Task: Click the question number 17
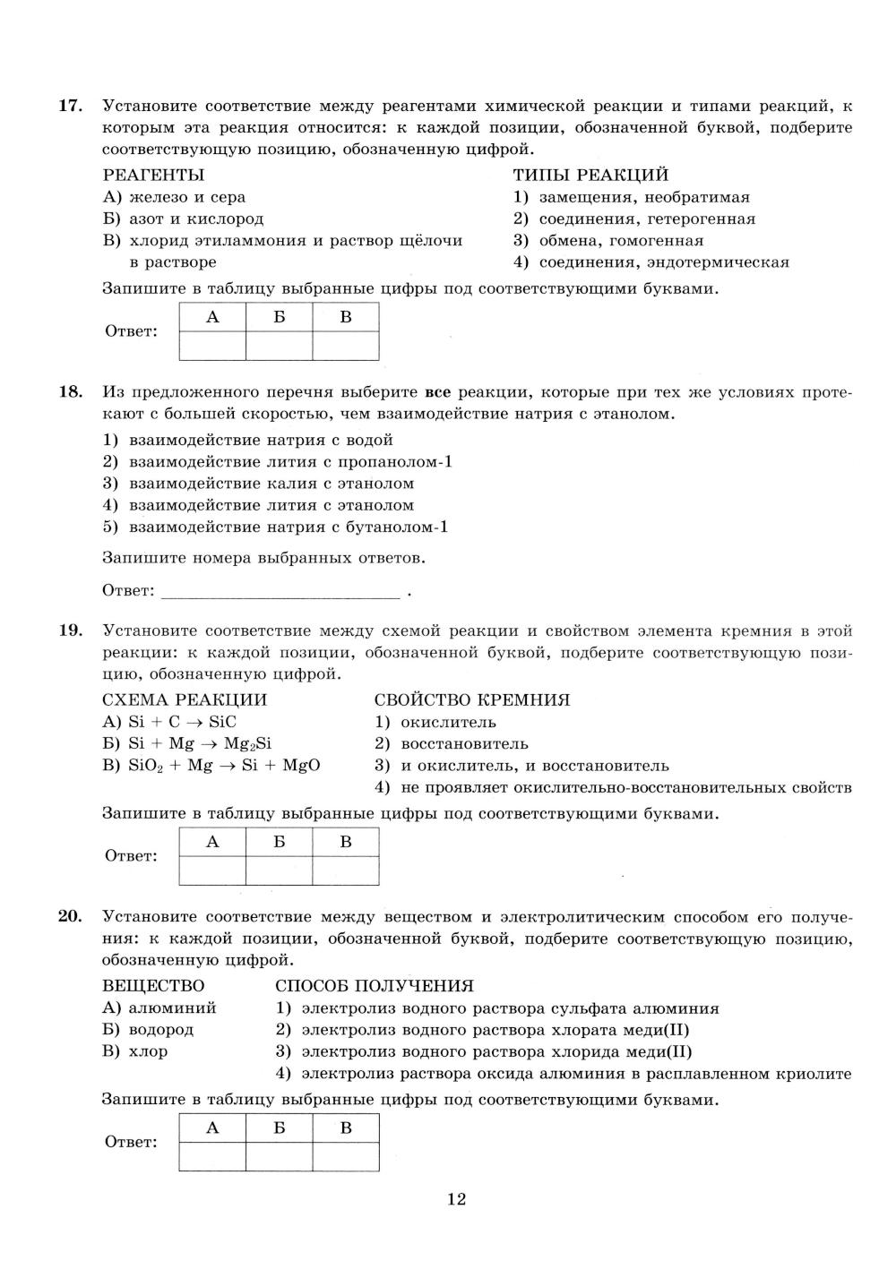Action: [x=70, y=106]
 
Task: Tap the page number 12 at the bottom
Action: [x=456, y=1199]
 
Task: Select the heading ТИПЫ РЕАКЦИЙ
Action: [x=590, y=175]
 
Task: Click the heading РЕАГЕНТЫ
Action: [x=153, y=175]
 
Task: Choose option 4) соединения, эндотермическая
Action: [x=650, y=262]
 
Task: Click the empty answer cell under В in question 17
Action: [x=346, y=346]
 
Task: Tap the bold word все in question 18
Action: [x=437, y=392]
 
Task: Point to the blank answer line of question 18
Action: [x=280, y=591]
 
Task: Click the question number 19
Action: [x=70, y=630]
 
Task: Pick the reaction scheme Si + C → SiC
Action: [x=169, y=722]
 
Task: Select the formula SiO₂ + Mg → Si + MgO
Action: [x=211, y=766]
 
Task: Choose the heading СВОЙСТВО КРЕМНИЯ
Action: [x=472, y=699]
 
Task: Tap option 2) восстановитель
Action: [x=452, y=743]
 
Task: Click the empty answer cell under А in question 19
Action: [x=212, y=870]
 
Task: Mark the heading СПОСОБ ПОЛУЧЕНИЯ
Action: [x=375, y=986]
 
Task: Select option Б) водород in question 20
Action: [x=148, y=1030]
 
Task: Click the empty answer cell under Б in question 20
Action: [x=280, y=1156]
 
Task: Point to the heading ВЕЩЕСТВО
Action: [x=153, y=986]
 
